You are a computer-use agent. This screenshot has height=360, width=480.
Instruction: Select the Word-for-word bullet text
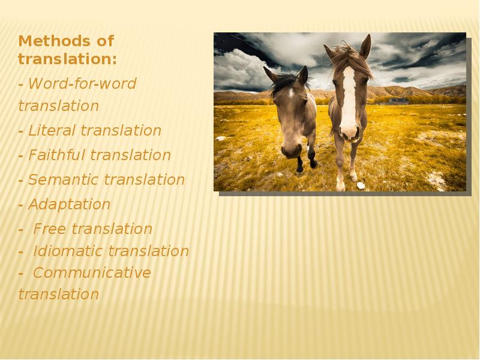point(82,84)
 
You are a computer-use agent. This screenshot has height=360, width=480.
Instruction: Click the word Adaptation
point(69,205)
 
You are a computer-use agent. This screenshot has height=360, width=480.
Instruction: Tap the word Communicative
point(92,273)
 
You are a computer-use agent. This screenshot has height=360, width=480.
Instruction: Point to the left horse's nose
point(292,150)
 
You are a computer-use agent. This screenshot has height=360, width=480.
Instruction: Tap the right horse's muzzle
point(349,130)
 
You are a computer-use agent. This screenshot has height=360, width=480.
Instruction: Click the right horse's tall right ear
point(365,46)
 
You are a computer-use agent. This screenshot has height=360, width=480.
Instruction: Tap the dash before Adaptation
point(22,205)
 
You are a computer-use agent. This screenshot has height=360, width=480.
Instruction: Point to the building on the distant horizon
point(398,101)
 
